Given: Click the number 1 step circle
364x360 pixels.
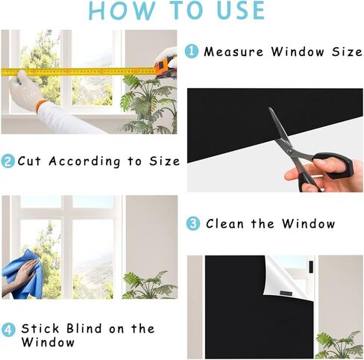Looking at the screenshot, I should pyautogui.click(x=192, y=52).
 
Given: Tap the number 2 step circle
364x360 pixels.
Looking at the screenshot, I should pyautogui.click(x=8, y=161).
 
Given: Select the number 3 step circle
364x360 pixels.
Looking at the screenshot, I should pyautogui.click(x=193, y=223).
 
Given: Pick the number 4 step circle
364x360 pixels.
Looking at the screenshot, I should pyautogui.click(x=8, y=329).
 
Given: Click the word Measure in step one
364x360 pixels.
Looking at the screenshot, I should pyautogui.click(x=228, y=52).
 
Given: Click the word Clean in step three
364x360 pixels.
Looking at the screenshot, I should pyautogui.click(x=225, y=223).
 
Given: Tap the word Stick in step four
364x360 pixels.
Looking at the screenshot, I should pyautogui.click(x=38, y=329).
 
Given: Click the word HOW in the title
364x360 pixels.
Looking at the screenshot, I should pyautogui.click(x=120, y=10).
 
